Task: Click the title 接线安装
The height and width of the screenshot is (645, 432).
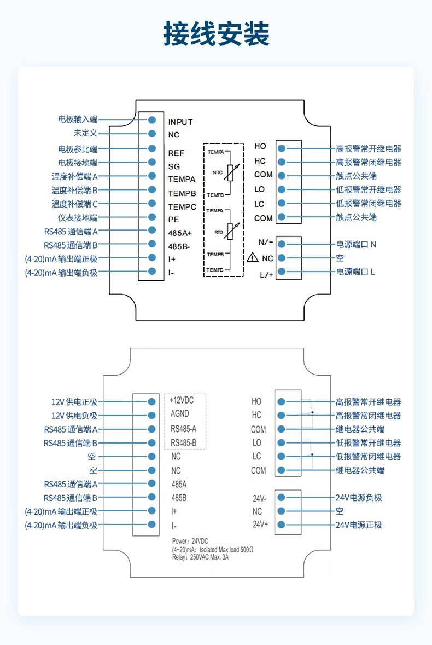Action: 216,34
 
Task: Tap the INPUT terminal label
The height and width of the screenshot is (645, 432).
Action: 180,122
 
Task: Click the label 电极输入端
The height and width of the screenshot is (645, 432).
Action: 78,119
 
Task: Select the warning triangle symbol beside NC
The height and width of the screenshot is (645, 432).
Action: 253,257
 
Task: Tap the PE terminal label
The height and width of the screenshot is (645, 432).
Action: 173,219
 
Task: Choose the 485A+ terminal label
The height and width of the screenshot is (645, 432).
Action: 180,233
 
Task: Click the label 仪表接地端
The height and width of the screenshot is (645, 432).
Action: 78,217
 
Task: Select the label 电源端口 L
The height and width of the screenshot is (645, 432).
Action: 356,272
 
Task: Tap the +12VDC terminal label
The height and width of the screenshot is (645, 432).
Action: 182,400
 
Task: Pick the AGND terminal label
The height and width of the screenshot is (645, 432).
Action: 179,414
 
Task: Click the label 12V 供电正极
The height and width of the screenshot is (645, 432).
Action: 74,402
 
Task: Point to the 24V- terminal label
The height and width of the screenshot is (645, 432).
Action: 259,498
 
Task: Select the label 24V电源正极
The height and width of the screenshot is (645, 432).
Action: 359,525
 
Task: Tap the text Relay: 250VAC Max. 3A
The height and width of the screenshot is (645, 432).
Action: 201,557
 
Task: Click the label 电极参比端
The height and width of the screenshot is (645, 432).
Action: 78,148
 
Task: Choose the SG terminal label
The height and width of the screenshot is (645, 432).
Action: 173,166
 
